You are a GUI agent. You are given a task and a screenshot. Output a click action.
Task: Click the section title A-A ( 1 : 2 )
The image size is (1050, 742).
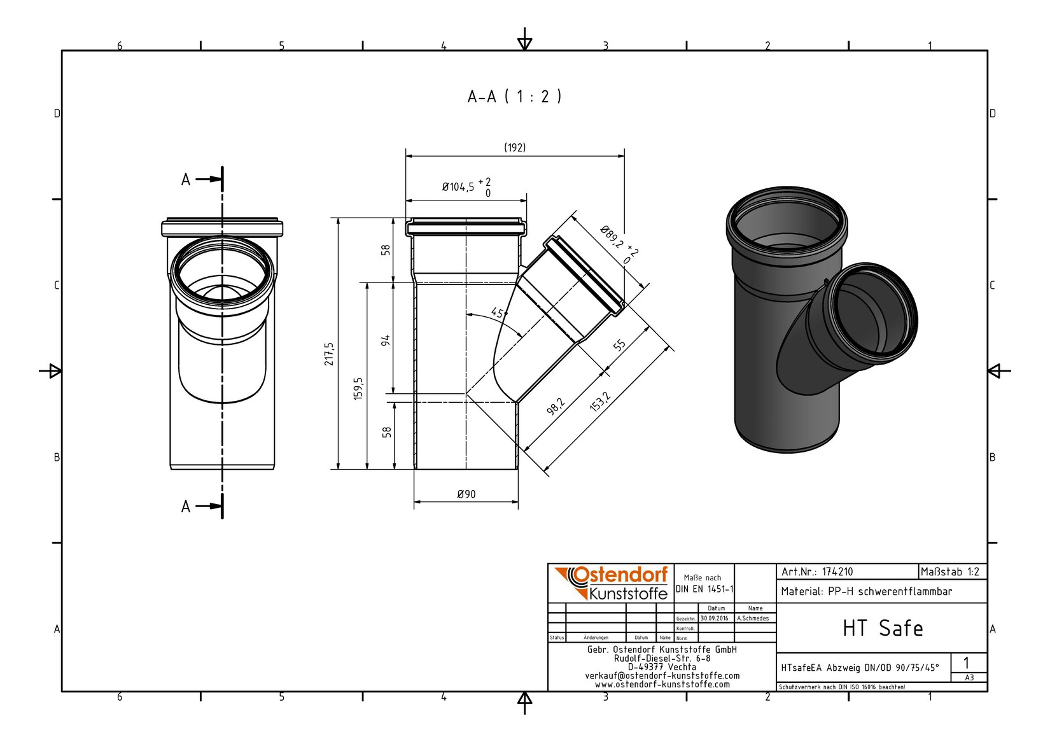[514, 97]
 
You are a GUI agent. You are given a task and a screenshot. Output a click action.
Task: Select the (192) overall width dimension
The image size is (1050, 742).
[515, 148]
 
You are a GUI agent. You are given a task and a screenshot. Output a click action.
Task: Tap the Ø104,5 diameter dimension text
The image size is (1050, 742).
[458, 187]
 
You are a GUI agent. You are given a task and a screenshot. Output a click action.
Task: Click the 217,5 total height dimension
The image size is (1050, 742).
[329, 354]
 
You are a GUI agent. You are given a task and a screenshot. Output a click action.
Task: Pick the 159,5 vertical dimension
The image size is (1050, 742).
[358, 388]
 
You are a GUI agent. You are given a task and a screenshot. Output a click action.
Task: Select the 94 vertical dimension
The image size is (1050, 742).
[386, 340]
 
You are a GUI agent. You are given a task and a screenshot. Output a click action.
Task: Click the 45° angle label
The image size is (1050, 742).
[498, 313]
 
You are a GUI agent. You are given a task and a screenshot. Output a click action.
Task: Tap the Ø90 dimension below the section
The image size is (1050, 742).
[466, 494]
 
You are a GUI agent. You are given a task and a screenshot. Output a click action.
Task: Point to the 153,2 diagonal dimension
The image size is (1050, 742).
[600, 402]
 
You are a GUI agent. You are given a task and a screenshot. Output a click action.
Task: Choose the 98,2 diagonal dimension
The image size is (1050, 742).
[555, 406]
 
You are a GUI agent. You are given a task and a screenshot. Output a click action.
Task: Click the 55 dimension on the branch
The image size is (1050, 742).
[619, 346]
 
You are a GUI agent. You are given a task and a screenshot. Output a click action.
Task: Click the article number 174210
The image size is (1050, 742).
[837, 571]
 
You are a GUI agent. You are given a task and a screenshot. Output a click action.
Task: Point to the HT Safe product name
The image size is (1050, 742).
[882, 628]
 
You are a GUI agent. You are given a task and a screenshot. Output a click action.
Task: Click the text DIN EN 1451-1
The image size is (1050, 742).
[704, 589]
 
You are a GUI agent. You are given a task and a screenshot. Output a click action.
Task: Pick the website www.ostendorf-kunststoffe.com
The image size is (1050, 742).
[662, 685]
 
